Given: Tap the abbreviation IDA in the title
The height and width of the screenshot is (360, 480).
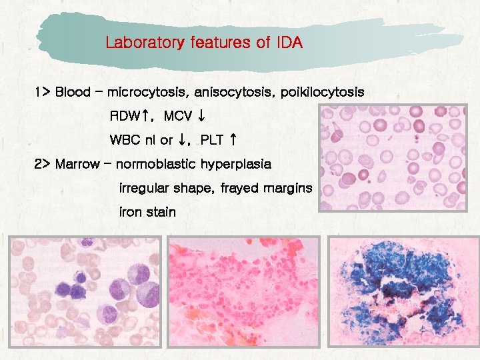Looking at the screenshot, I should pyautogui.click(x=288, y=44).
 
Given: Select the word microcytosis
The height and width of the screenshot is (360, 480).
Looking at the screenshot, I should pyautogui.click(x=143, y=91).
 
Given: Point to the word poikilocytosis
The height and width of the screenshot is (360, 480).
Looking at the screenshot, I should pyautogui.click(x=323, y=91).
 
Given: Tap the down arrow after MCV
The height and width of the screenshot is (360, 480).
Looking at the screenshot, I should pyautogui.click(x=200, y=116).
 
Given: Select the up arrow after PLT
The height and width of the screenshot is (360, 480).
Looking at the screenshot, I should pyautogui.click(x=232, y=140).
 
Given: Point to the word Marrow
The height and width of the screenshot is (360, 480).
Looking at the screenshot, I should pyautogui.click(x=77, y=164).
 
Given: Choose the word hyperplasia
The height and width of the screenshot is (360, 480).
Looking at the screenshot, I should pyautogui.click(x=236, y=164).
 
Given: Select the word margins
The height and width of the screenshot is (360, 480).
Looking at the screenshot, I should pyautogui.click(x=287, y=188).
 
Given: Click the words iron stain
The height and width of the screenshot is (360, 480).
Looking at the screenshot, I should pyautogui.click(x=147, y=212).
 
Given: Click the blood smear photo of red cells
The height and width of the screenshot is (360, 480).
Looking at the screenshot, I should pyautogui.click(x=399, y=157).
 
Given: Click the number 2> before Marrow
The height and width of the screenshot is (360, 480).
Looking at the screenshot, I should pyautogui.click(x=42, y=164).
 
